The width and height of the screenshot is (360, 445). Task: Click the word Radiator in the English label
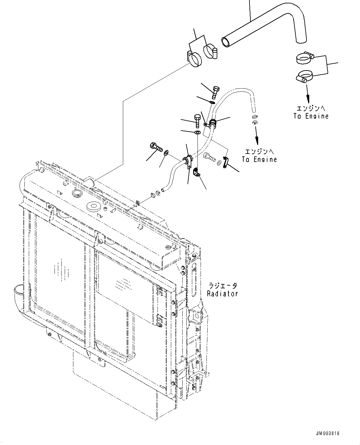tap(222, 294)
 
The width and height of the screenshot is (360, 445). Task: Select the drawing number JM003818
tap(327, 433)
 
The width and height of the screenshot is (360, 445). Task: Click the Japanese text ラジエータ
tap(222, 285)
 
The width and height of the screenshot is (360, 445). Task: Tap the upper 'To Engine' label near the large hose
tap(311, 116)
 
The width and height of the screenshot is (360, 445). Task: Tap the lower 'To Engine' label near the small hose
tap(259, 159)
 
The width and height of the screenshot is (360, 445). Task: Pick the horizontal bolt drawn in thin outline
tap(209, 157)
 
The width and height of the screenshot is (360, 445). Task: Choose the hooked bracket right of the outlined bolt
tap(226, 162)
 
